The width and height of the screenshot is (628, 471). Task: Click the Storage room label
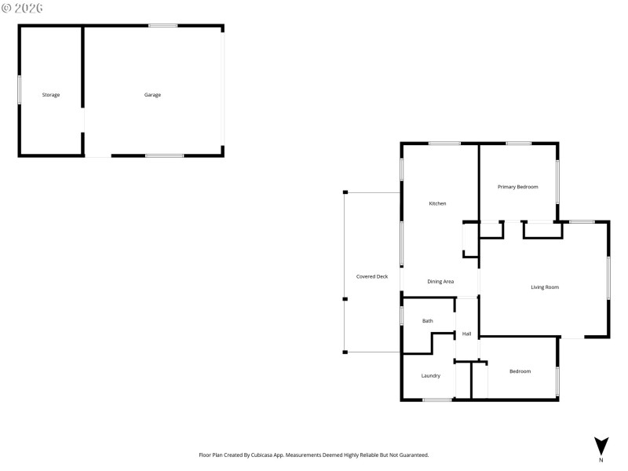pos(51,95)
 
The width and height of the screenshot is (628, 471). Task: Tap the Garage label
pos(152,95)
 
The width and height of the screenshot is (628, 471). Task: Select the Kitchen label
pos(437,203)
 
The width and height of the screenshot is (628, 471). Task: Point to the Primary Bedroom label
pos(518,187)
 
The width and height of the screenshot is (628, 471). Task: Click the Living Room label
pos(545,287)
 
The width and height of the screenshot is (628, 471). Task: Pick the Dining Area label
pos(440,281)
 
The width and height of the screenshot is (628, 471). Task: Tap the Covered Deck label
pos(372,276)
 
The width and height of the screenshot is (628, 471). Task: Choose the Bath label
pos(428,320)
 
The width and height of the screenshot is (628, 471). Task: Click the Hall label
pos(466,334)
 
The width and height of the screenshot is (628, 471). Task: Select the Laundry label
pos(430,375)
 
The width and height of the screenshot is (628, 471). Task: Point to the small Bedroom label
pos(520,371)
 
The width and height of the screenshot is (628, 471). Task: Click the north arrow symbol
pos(601,445)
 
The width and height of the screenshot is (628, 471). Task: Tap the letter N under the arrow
pos(601,460)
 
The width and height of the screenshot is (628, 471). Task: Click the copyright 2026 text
pos(23,8)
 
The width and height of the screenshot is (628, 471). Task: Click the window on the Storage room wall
pos(20,89)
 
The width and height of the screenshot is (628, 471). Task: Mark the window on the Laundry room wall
pos(437,400)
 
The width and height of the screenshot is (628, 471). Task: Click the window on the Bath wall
pos(402,316)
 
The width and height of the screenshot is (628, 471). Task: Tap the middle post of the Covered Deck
pos(345,298)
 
